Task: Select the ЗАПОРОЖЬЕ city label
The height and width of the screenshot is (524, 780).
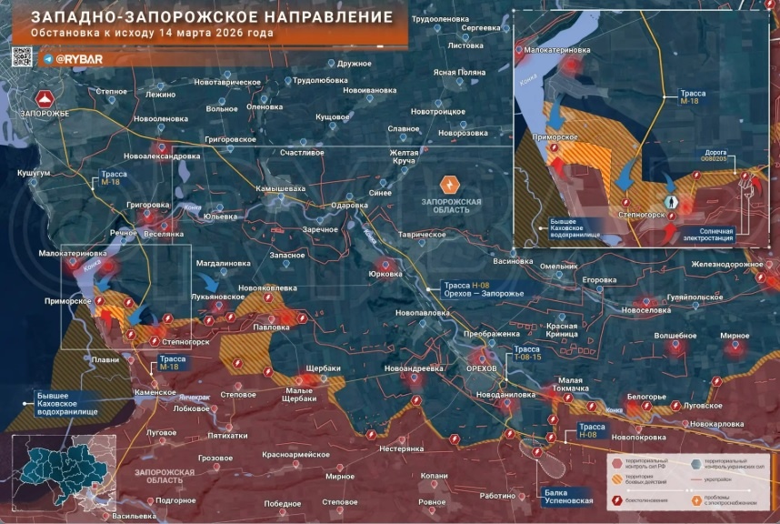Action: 43,112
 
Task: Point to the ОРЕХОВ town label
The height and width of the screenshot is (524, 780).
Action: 481,368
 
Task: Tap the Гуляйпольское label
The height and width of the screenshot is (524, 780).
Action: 705,297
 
